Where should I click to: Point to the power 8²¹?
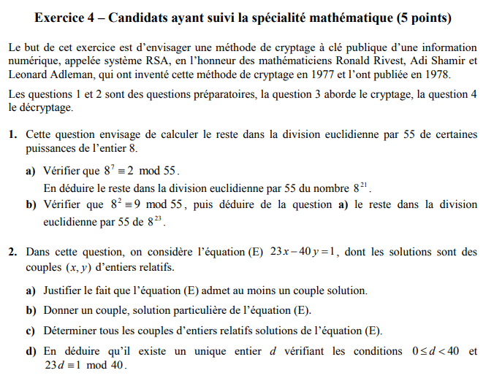(360, 188)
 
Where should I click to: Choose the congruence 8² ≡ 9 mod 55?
(147, 205)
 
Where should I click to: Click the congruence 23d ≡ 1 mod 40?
(85, 366)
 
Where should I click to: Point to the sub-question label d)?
(31, 352)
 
